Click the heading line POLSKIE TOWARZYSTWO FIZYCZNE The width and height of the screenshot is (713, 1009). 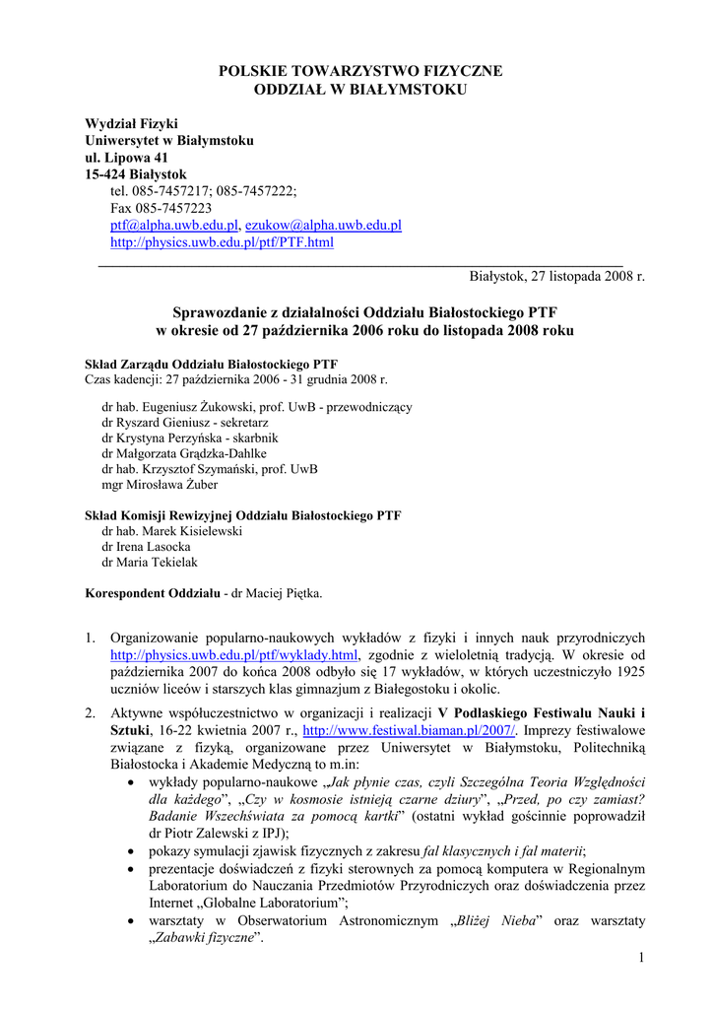359,71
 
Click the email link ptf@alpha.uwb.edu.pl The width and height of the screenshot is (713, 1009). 173,225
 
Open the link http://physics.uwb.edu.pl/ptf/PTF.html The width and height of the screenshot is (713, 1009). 222,241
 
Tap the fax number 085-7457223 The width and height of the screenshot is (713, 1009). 173,208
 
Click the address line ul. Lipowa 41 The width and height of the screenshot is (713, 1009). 126,158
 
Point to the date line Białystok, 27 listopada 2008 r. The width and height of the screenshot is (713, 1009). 556,276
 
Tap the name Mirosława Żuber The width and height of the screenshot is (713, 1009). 173,485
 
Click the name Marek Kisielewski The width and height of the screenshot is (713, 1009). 193,531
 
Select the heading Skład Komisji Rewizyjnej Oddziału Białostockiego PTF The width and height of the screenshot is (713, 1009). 243,515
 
